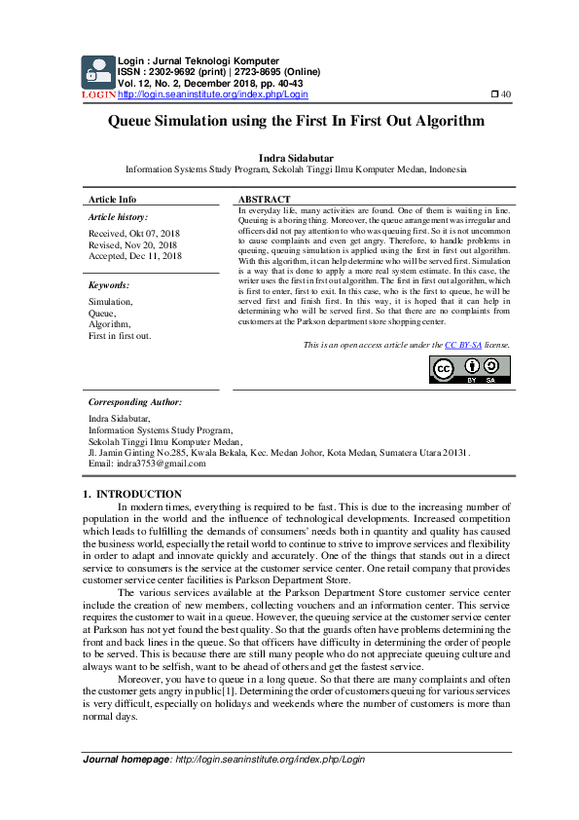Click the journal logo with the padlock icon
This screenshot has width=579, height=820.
[97, 73]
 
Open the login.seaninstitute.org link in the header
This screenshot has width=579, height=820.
[213, 94]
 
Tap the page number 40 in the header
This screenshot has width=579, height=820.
[501, 94]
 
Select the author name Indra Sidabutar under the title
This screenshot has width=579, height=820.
[289, 156]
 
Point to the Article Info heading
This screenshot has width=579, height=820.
[112, 199]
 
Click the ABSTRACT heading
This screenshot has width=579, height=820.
[264, 199]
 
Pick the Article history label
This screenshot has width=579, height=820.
[118, 216]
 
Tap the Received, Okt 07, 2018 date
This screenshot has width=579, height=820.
[134, 234]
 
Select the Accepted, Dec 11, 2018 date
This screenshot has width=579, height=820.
[135, 255]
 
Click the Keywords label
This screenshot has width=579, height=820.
[109, 285]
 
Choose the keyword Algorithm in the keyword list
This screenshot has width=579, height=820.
[110, 324]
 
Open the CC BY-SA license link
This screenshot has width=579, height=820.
[463, 345]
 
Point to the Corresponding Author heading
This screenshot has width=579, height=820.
[134, 401]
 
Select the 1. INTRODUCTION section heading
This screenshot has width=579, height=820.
[133, 495]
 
